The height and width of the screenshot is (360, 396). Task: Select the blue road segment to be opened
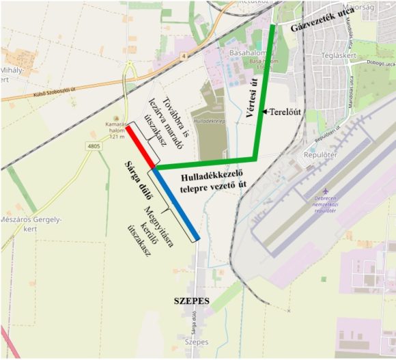pos(175,204)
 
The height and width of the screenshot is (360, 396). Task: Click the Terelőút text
pos(286,110)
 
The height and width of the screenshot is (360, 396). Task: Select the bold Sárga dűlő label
pos(137,182)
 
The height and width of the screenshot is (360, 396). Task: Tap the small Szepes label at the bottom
pos(196,342)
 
